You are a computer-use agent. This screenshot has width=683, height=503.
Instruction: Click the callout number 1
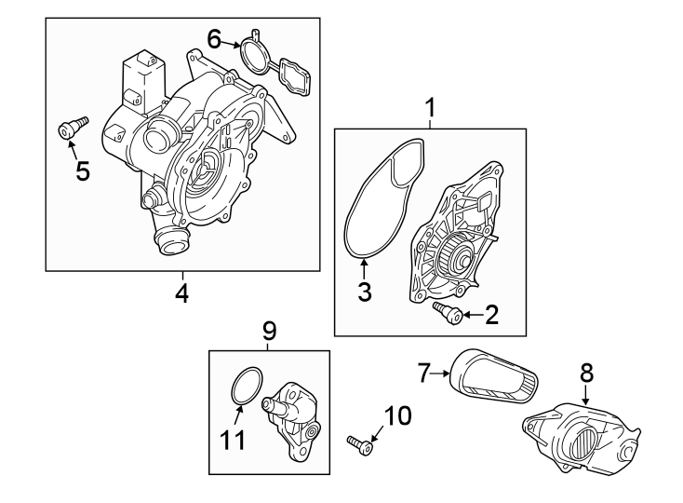pyautogui.click(x=430, y=109)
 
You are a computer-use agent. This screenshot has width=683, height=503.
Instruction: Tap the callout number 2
pyautogui.click(x=491, y=315)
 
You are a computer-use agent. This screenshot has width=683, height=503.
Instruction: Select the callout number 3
pyautogui.click(x=365, y=292)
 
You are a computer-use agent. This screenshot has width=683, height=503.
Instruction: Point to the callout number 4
pyautogui.click(x=182, y=293)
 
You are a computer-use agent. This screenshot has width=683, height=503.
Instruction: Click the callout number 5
pyautogui.click(x=82, y=171)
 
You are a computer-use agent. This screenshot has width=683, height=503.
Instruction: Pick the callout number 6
pyautogui.click(x=214, y=39)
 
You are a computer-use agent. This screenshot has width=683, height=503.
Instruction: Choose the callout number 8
pyautogui.click(x=586, y=373)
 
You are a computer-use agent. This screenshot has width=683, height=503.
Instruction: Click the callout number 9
pyautogui.click(x=269, y=330)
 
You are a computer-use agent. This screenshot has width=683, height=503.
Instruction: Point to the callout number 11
pyautogui.click(x=234, y=439)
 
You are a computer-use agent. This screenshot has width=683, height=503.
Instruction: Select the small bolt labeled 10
pyautogui.click(x=360, y=444)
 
